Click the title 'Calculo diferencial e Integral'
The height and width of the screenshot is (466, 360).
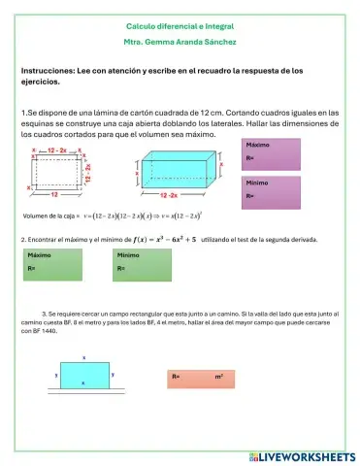click(x=180, y=25)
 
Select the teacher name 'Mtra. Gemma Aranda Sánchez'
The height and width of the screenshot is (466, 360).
click(x=180, y=43)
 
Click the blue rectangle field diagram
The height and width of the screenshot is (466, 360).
click(x=84, y=375)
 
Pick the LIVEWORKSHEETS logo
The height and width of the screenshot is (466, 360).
click(x=302, y=455)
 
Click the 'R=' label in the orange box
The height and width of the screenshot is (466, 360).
click(x=176, y=375)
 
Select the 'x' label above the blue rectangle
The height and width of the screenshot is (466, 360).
click(x=84, y=358)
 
